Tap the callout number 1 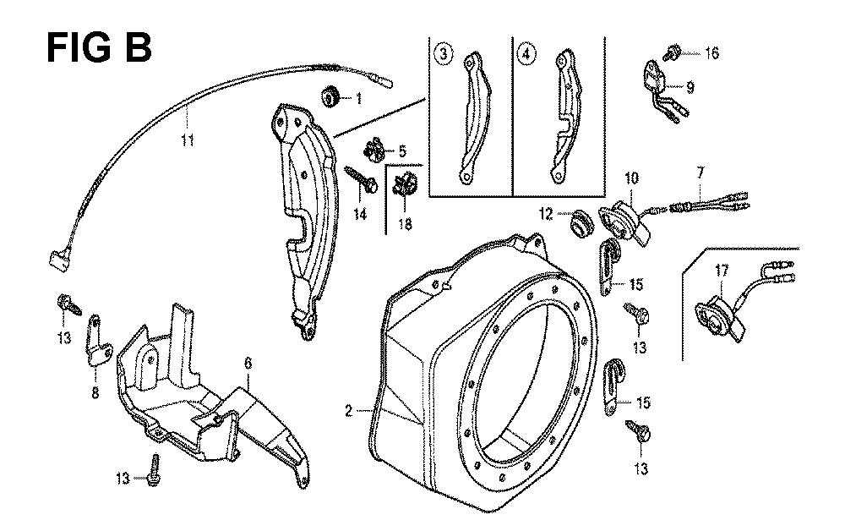click(358, 99)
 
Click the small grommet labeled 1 click(331, 97)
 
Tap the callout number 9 click(690, 85)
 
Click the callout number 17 click(722, 271)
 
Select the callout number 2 click(348, 412)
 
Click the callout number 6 click(248, 364)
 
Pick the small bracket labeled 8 click(96, 344)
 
